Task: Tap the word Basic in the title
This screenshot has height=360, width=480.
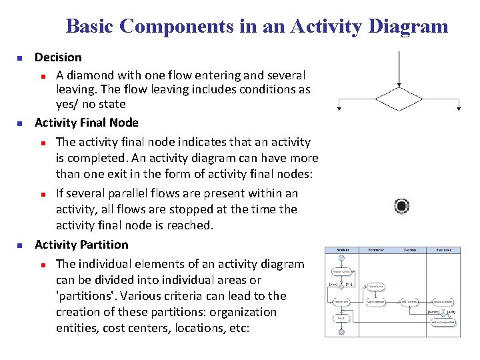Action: [91, 27]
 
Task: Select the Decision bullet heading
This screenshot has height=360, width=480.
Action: [58, 57]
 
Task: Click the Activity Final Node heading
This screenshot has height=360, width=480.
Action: [87, 123]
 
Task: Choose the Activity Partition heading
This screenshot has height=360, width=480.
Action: [81, 245]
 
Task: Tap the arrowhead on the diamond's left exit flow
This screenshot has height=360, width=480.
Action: [339, 108]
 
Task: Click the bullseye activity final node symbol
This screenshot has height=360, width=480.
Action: [401, 206]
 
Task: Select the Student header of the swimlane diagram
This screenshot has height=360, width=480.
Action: [342, 250]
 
